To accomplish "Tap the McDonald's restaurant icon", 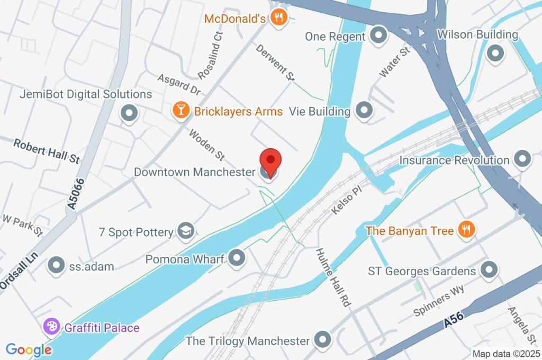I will click(x=278, y=18).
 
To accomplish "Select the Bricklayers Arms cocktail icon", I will click(x=181, y=111).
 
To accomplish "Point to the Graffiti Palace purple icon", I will click(x=52, y=327).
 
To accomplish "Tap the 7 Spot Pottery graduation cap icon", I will click(x=186, y=230).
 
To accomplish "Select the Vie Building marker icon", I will click(x=364, y=111).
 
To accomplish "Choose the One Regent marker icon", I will click(x=378, y=36).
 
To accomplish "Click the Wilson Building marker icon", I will click(x=495, y=53).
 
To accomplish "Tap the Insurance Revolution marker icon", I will click(x=522, y=159).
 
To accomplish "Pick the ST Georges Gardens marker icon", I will click(x=489, y=270).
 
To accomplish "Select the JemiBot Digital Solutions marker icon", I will click(x=129, y=113).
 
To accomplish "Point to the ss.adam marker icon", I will click(x=56, y=266).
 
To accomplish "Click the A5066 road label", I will click(x=77, y=195).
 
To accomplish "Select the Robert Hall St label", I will click(x=47, y=151).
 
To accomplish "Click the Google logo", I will click(x=29, y=349).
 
